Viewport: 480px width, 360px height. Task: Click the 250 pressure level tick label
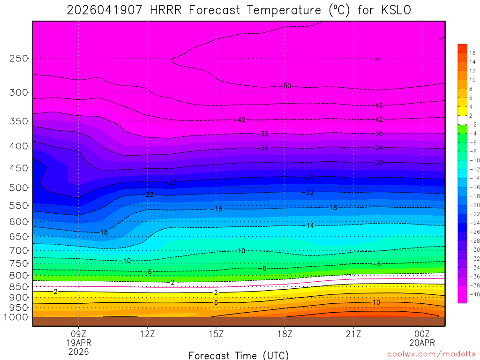pyautogui.click(x=19, y=59)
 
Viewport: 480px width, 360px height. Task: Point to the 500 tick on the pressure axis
pyautogui.click(x=19, y=188)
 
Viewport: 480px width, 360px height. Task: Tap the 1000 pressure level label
pyautogui.click(x=16, y=317)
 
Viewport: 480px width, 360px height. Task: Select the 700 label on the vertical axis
pyautogui.click(x=19, y=250)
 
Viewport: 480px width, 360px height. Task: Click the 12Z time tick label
pyautogui.click(x=147, y=334)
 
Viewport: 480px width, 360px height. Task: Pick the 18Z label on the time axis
pyautogui.click(x=285, y=334)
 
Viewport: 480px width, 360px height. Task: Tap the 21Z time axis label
pyautogui.click(x=353, y=334)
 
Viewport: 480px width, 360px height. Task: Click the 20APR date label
pyautogui.click(x=422, y=343)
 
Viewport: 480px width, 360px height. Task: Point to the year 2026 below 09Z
pyautogui.click(x=79, y=351)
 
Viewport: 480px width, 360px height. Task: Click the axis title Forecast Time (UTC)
pyautogui.click(x=239, y=355)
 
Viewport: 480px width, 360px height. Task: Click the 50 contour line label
pyautogui.click(x=287, y=86)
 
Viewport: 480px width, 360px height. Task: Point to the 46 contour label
pyautogui.click(x=379, y=105)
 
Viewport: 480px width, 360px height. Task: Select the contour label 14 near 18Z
pyautogui.click(x=310, y=225)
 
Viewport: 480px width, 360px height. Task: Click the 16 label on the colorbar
pyautogui.click(x=472, y=52)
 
